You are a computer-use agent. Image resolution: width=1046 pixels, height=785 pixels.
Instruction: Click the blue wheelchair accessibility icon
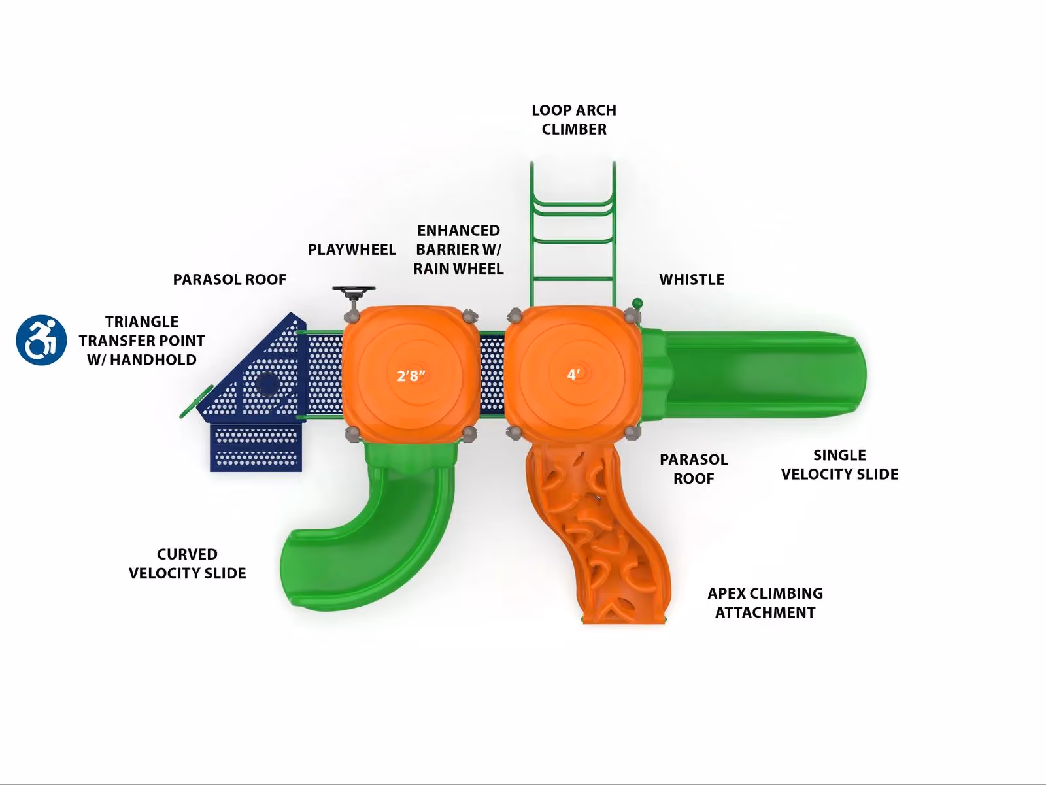pos(41,340)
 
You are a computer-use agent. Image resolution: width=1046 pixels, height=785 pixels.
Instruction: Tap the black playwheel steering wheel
pos(354,291)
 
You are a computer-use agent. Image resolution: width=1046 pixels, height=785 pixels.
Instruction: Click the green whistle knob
pos(637,303)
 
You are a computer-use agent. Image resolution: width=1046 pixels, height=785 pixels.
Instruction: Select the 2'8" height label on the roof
pos(411,376)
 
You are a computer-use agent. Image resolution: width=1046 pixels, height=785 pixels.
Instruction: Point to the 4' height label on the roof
pos(573,375)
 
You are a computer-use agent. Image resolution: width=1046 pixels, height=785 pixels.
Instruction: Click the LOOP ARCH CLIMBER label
pos(574,120)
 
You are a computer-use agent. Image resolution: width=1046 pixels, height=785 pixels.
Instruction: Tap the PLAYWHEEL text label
pos(352,250)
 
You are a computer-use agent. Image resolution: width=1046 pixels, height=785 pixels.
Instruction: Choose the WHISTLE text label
pos(692,280)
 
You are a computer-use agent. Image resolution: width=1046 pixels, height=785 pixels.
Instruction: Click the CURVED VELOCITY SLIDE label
pos(187,563)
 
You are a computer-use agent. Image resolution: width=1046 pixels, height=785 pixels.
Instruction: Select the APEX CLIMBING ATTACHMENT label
pos(765,603)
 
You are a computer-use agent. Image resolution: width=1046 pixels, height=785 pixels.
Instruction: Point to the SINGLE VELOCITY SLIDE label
pos(839,465)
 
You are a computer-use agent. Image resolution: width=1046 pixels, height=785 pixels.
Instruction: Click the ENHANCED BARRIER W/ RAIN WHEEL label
pos(458,250)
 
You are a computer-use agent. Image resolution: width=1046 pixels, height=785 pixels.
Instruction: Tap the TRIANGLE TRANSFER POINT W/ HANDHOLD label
pos(141,341)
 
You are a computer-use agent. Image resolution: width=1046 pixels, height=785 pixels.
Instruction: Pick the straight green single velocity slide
pos(753,376)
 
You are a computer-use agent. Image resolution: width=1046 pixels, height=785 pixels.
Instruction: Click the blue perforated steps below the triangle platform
pos(256,448)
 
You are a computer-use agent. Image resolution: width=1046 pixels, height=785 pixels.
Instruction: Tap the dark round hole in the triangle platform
pos(267,384)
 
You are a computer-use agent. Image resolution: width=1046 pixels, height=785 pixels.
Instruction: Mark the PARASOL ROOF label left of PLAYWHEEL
pos(229,280)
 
